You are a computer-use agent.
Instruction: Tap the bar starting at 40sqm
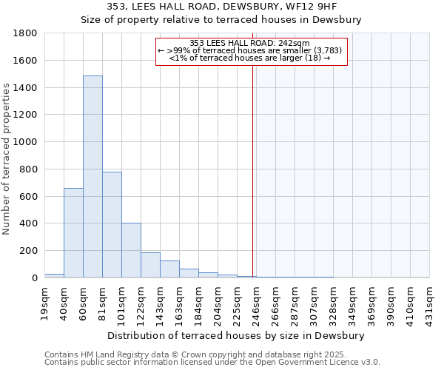[x=73, y=232]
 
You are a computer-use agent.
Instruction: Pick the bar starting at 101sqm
[x=131, y=250]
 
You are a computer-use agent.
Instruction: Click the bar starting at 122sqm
[x=150, y=265]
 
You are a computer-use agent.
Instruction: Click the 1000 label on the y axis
[x=27, y=142]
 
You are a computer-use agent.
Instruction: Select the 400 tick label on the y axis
[x=30, y=223]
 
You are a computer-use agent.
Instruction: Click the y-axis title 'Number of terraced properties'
[x=7, y=159]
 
